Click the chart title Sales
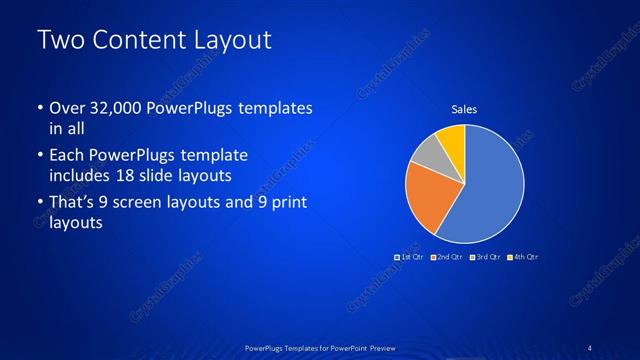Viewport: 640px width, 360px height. click(464, 108)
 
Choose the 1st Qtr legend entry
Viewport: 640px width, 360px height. click(410, 257)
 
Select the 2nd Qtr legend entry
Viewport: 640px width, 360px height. click(447, 257)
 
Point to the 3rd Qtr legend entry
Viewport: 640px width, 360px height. click(484, 257)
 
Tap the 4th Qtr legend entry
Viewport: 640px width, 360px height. click(521, 257)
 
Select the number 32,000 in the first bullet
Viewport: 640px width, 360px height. click(119, 108)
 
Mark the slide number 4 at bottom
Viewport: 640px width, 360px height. click(590, 347)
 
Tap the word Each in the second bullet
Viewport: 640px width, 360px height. click(66, 156)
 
